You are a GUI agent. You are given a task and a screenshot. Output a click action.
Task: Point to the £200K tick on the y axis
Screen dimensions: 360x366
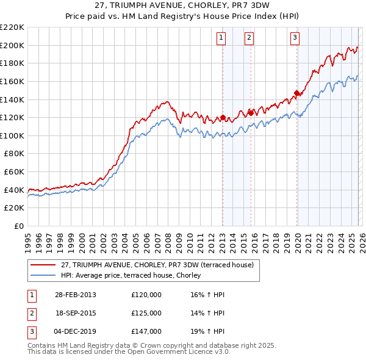click(x=12, y=45)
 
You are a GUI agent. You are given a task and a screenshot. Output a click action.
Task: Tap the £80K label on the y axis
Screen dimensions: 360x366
click(x=14, y=154)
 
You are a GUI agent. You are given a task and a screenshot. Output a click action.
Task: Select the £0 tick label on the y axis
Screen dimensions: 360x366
click(x=19, y=226)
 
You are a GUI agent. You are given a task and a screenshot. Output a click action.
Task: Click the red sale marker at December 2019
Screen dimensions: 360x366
click(x=297, y=93)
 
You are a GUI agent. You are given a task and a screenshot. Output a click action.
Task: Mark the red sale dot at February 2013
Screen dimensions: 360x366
click(x=223, y=117)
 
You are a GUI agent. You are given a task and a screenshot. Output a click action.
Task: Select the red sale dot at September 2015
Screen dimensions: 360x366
click(x=251, y=113)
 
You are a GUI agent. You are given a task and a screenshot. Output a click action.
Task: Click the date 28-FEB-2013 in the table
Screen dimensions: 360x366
click(x=76, y=295)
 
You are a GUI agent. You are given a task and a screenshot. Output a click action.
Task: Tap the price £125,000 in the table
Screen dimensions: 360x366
click(x=146, y=313)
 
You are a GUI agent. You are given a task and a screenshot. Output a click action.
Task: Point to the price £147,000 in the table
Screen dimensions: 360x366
click(x=146, y=331)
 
